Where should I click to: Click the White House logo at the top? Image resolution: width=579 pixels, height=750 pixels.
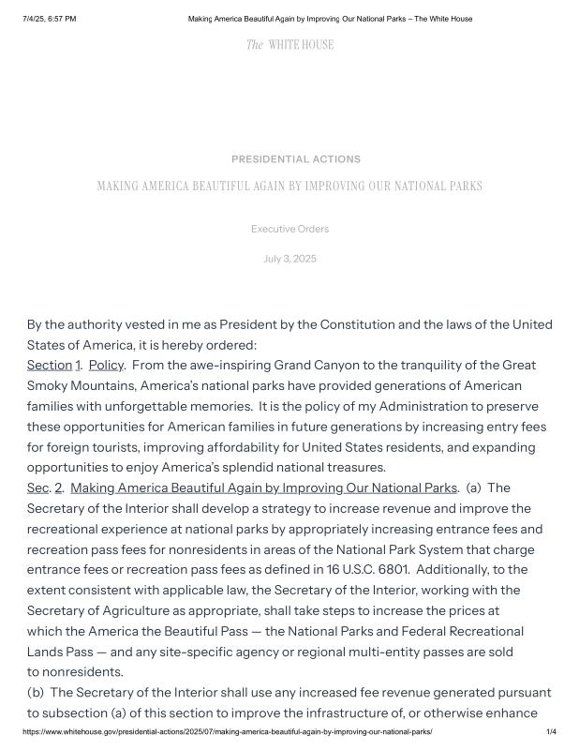[289, 44]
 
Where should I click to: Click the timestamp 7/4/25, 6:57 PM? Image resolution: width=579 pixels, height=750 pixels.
[50, 19]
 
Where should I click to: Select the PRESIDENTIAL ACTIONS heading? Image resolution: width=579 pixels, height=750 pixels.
[295, 159]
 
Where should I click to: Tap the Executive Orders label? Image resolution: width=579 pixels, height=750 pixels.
[289, 229]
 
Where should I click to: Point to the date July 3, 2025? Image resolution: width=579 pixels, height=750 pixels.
[289, 259]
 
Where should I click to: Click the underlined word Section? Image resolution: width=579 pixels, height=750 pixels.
[49, 365]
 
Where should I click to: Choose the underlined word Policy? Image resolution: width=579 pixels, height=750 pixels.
[106, 365]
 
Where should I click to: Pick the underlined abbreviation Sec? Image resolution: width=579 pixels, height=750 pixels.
[37, 487]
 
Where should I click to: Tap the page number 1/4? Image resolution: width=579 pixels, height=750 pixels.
[551, 731]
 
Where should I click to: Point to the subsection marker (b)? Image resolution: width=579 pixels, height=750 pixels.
[36, 692]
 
